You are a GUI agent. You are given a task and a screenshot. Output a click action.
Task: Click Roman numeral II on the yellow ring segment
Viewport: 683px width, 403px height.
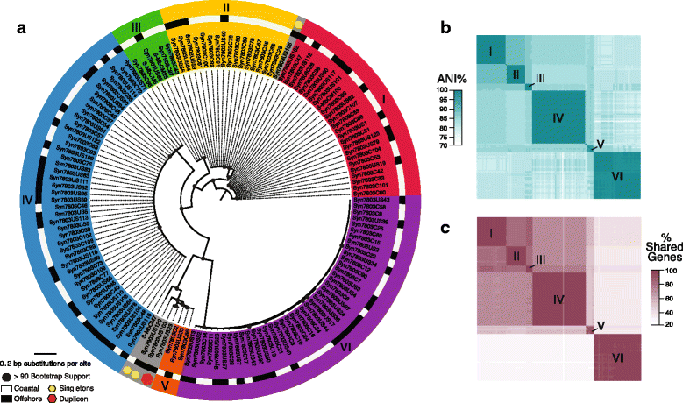click(x=225, y=8)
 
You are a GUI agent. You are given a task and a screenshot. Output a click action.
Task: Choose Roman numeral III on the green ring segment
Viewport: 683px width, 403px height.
click(x=134, y=27)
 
